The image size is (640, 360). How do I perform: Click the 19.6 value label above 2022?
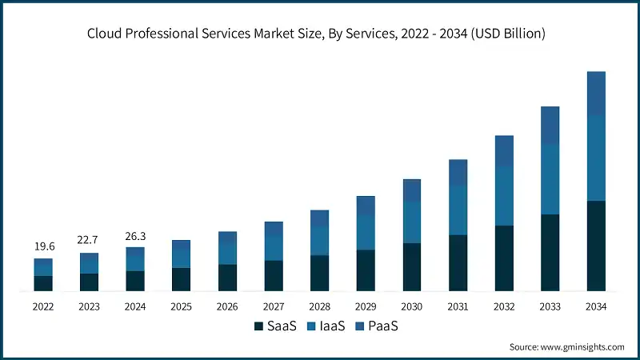(x=43, y=246)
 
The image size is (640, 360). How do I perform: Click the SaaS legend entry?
(x=276, y=326)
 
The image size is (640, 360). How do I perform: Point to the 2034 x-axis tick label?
(x=596, y=307)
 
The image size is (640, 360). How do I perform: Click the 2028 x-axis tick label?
(x=319, y=307)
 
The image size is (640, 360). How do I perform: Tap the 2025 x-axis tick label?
(x=182, y=307)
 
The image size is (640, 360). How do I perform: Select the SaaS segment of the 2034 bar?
(x=596, y=246)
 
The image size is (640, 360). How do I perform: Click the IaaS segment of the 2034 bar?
(x=596, y=158)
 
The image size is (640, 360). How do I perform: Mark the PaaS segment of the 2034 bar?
(x=596, y=93)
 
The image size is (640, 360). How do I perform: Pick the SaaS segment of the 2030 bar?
(x=411, y=266)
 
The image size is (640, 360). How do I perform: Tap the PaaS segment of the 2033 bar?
(x=550, y=126)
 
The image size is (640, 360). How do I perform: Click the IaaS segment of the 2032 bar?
(x=504, y=196)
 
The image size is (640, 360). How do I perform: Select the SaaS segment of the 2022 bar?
(x=43, y=283)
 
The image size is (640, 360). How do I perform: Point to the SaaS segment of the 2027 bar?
(x=274, y=275)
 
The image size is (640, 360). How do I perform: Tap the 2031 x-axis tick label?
(x=458, y=307)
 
